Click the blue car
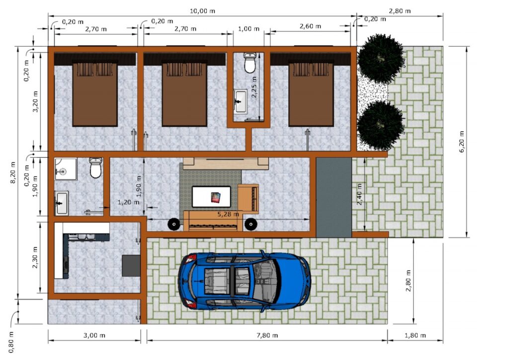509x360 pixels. click(245, 281)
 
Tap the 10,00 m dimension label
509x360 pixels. click(203, 11)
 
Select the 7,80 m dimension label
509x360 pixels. click(267, 335)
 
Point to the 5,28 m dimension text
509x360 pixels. click(228, 214)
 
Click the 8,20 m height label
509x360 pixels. click(13, 173)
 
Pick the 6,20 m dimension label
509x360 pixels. click(461, 142)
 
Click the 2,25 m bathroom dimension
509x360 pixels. click(254, 87)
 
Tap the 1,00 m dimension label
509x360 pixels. click(249, 28)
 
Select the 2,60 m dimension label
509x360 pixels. click(310, 26)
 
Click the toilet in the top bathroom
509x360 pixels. click(250, 63)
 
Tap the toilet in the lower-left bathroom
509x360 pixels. click(95, 168)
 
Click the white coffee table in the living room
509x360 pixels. click(211, 197)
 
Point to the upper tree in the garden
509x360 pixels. click(380, 58)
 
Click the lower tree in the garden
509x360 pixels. click(380, 125)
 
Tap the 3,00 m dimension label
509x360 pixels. click(94, 335)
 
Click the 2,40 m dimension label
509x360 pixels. click(359, 194)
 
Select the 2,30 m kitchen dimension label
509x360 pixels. click(35, 257)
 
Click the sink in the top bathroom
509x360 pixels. click(240, 101)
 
